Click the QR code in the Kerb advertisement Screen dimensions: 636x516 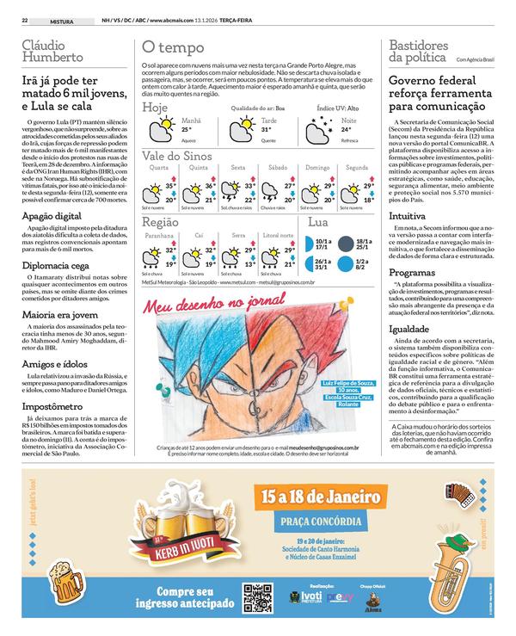(255, 596)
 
